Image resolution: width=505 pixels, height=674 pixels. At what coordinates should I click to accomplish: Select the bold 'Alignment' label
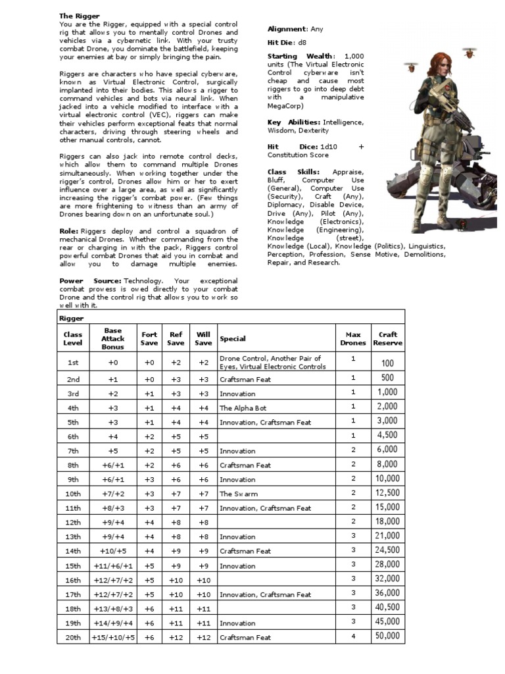click(x=287, y=29)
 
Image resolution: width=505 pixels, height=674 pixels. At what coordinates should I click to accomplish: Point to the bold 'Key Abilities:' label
click(x=294, y=122)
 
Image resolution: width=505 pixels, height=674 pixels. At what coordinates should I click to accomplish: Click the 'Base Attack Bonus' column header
click(x=112, y=338)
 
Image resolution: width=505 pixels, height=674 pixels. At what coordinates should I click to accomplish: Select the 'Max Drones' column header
click(x=352, y=338)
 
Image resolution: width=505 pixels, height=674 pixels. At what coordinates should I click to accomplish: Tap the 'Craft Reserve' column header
click(x=387, y=338)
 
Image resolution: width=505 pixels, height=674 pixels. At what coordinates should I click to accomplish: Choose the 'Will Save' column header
click(x=203, y=338)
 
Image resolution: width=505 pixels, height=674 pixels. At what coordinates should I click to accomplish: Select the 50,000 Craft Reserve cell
click(x=387, y=636)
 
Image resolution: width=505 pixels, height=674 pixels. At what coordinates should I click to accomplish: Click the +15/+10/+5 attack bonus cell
click(x=112, y=637)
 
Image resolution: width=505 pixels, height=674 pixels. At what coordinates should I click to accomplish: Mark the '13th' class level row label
click(x=73, y=537)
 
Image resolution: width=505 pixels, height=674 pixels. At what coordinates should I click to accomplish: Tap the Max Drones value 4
click(x=352, y=636)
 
